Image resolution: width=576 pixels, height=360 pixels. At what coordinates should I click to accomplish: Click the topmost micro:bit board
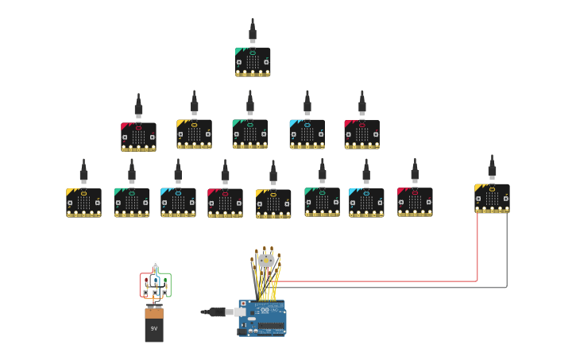pyautogui.click(x=253, y=62)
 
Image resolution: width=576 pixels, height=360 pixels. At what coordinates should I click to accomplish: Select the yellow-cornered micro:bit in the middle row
pyautogui.click(x=194, y=134)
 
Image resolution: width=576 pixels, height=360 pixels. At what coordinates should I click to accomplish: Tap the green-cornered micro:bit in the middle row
pyautogui.click(x=249, y=134)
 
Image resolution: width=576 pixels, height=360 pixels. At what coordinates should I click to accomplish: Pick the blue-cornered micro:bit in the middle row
pyautogui.click(x=307, y=134)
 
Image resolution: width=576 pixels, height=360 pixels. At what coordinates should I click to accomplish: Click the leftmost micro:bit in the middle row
pyautogui.click(x=138, y=137)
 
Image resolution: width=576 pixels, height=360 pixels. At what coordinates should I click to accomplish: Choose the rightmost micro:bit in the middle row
pyautogui.click(x=361, y=134)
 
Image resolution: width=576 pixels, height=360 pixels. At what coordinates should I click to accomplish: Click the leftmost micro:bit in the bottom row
pyautogui.click(x=83, y=203)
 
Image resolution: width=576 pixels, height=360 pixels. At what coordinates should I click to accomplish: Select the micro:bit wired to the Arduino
pyautogui.click(x=492, y=199)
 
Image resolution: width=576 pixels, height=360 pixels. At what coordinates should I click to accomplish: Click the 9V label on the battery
pyautogui.click(x=154, y=328)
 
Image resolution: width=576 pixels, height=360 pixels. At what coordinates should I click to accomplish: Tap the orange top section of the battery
pyautogui.click(x=154, y=313)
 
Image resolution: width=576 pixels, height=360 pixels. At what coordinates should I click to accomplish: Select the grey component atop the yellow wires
pyautogui.click(x=266, y=260)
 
